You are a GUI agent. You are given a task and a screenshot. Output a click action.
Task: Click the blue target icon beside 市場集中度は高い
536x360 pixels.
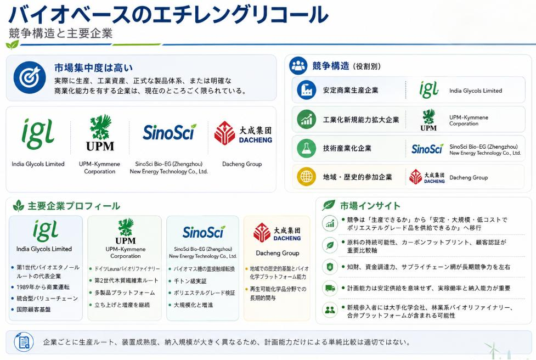click(30, 77)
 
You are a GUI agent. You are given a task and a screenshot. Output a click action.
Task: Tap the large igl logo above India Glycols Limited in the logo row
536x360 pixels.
click(38, 134)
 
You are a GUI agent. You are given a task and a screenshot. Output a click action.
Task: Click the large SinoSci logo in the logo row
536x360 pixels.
click(169, 132)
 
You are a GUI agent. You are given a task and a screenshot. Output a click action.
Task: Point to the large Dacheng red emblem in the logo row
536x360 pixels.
click(224, 133)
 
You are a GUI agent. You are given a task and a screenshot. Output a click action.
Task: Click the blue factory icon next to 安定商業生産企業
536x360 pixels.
click(306, 90)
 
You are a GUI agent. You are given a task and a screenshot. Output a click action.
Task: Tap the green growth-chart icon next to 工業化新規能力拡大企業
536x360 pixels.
click(306, 119)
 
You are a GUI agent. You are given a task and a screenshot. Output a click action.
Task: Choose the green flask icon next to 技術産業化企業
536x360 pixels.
click(306, 148)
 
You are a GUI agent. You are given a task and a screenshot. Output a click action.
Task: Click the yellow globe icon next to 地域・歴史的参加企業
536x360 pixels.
click(306, 177)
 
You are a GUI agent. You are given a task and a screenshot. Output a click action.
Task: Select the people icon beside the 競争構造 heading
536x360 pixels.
click(298, 66)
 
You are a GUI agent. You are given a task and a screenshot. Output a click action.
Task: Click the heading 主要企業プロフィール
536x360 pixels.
click(74, 206)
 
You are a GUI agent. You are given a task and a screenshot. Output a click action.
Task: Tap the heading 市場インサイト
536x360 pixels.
click(370, 206)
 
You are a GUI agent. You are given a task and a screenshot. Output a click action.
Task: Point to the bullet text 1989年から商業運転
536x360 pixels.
click(43, 287)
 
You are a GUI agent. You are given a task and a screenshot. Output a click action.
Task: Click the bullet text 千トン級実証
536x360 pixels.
click(190, 281)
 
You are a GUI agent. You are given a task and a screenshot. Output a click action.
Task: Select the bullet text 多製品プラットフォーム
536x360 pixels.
click(125, 292)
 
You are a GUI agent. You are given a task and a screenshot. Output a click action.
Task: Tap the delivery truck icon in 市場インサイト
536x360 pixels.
click(330, 288)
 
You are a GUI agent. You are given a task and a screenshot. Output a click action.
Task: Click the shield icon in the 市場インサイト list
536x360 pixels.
click(330, 267)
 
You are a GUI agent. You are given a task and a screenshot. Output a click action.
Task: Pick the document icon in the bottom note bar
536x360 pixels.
click(24, 342)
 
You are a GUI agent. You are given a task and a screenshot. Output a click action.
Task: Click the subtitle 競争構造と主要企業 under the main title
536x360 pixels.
click(61, 33)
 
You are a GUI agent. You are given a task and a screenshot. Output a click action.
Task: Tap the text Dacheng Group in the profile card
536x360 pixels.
click(278, 253)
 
